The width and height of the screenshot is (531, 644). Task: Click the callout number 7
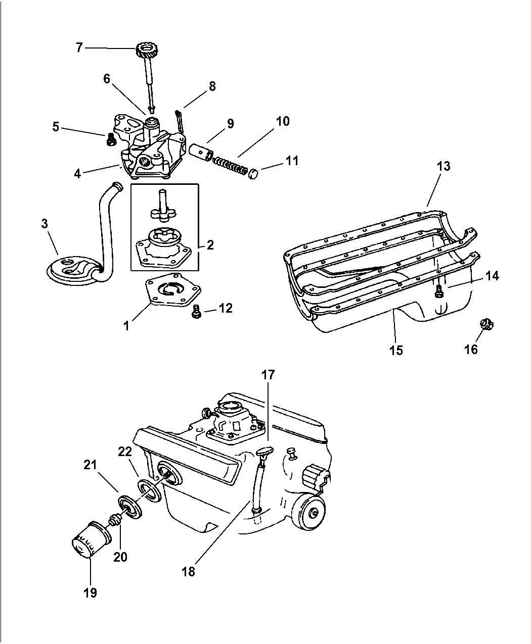pyautogui.click(x=78, y=47)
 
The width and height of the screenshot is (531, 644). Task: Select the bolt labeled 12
pyautogui.click(x=197, y=314)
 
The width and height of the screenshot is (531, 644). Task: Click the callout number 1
pyautogui.click(x=126, y=326)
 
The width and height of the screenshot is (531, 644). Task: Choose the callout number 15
pyautogui.click(x=396, y=350)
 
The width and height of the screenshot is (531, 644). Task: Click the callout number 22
pyautogui.click(x=125, y=452)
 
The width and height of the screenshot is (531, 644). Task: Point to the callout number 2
pyautogui.click(x=210, y=245)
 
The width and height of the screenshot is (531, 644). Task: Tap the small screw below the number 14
pyautogui.click(x=438, y=291)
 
